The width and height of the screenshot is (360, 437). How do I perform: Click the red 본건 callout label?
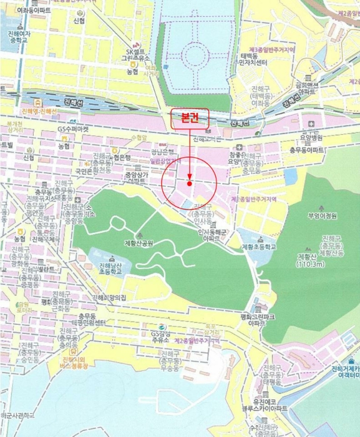click(188, 118)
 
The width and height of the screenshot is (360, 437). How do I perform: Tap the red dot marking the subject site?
click(189, 184)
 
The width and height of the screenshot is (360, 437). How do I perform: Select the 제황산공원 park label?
click(139, 243)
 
